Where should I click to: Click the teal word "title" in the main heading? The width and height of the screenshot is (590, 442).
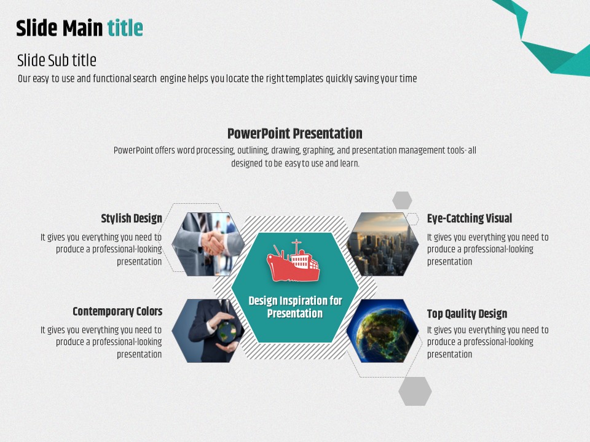125,28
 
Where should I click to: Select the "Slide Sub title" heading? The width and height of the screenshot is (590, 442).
57,60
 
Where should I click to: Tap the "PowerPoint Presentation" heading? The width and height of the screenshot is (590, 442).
294,133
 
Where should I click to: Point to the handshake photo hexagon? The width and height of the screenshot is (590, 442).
208,244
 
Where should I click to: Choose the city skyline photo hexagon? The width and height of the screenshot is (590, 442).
382,244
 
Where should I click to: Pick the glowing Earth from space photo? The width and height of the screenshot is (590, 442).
382,331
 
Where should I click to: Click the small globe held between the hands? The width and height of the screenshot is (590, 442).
227,331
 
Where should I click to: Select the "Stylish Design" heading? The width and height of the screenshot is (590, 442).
132,219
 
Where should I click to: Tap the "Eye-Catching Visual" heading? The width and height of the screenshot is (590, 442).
470,219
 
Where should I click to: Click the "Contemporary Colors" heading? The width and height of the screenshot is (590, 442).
117,311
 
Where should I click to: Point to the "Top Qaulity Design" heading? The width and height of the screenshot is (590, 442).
467,314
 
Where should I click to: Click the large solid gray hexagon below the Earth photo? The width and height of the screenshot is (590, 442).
415,391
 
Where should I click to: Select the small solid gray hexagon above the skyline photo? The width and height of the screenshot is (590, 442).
402,200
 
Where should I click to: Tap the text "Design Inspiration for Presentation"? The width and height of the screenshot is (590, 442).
295,307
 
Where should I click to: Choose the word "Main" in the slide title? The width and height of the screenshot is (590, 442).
82,28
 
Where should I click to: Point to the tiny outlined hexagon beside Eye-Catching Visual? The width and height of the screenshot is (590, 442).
412,219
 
